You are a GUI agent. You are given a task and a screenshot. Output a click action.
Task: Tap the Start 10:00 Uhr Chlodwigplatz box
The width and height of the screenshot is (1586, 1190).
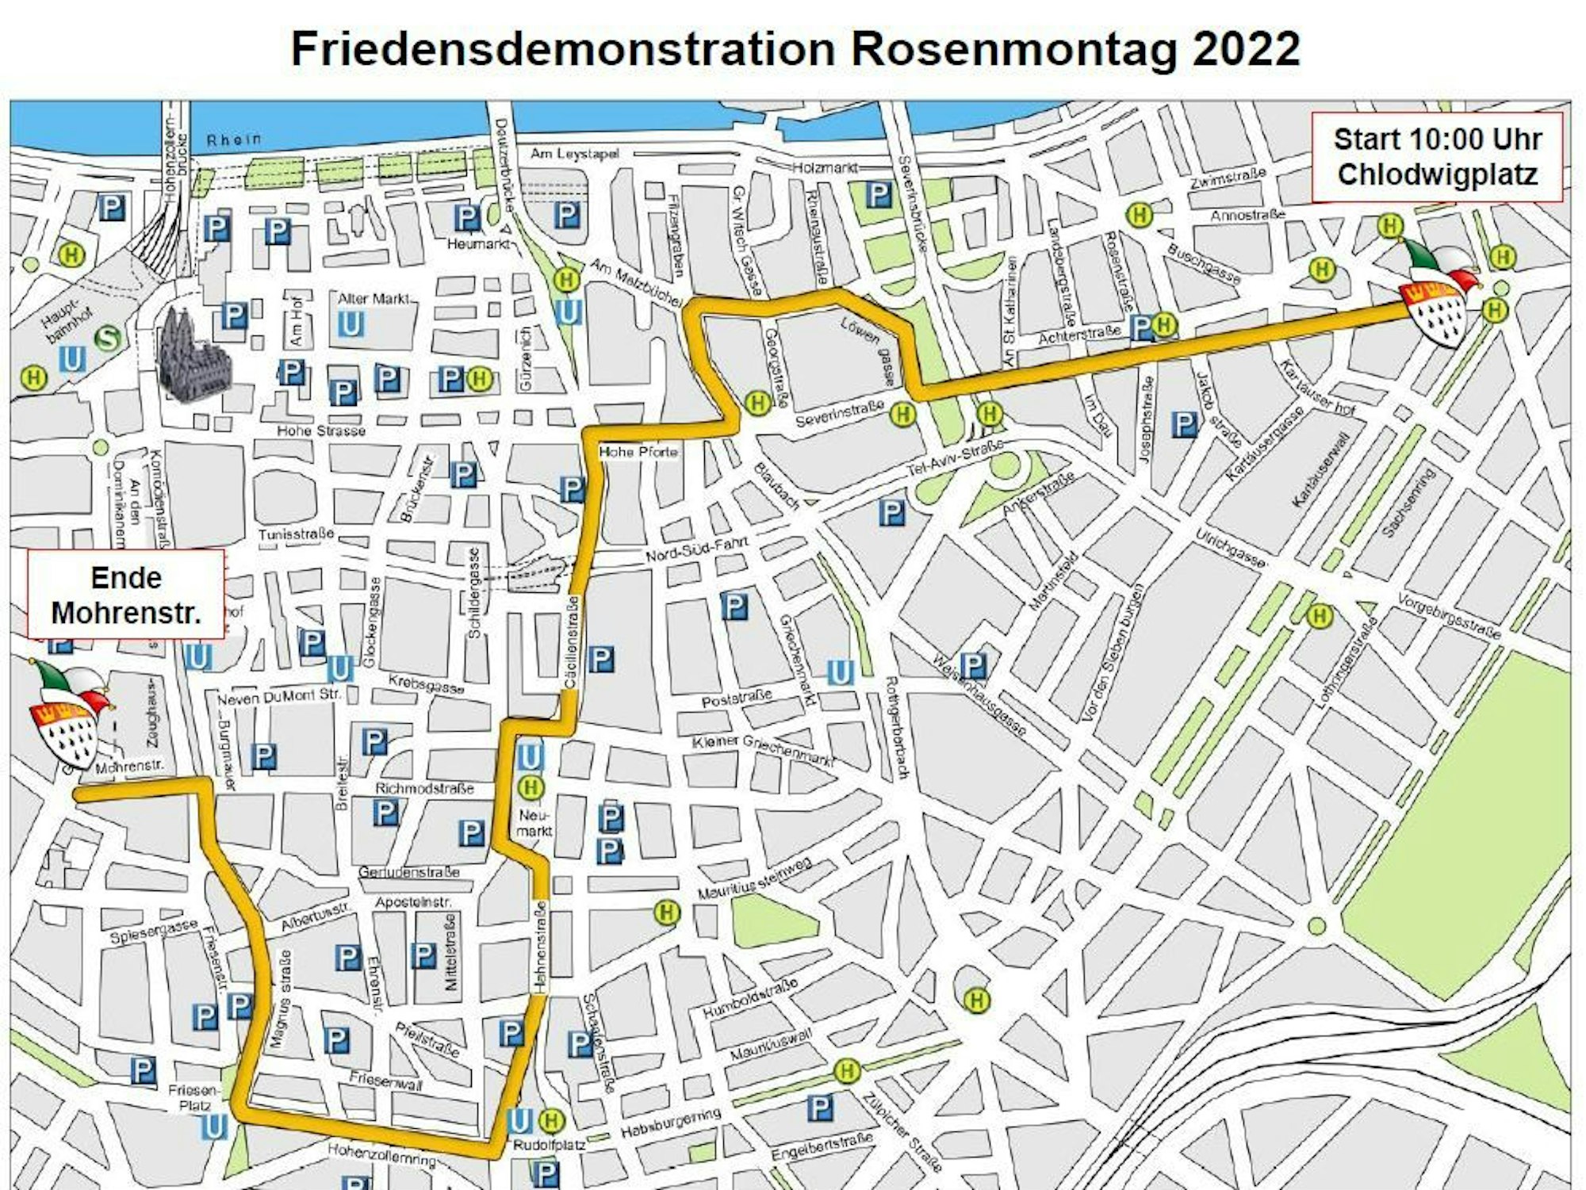[1437, 157]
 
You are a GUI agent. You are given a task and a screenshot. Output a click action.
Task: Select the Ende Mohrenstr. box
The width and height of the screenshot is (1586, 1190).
[126, 595]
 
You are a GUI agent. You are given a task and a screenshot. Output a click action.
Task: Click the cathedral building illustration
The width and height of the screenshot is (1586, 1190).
[193, 357]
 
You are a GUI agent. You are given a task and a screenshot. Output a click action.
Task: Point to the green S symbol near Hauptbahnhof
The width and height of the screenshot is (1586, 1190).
[108, 339]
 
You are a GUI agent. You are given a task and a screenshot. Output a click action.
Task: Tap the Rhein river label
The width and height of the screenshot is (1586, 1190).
[233, 140]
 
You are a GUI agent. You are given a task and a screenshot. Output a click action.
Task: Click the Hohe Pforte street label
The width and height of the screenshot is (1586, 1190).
[638, 452]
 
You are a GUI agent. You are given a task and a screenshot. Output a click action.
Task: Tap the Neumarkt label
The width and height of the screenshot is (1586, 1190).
[534, 823]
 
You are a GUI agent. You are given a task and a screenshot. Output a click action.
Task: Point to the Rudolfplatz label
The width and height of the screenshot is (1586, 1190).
[549, 1146]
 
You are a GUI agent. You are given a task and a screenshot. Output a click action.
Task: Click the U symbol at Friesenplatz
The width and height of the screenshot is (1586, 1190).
[213, 1127]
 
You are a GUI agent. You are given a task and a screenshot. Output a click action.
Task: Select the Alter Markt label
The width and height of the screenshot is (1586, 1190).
[374, 299]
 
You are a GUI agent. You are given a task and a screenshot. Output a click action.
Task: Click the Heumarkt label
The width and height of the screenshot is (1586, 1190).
[477, 244]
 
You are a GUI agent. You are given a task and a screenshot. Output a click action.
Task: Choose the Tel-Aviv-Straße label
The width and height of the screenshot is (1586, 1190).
[955, 460]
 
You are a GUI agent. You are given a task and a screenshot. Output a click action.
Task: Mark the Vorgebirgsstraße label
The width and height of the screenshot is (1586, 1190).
[1449, 616]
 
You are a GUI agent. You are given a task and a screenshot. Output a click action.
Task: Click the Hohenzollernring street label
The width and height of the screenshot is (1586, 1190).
[381, 1154]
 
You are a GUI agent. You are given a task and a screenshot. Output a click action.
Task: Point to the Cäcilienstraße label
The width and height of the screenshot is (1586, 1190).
[571, 641]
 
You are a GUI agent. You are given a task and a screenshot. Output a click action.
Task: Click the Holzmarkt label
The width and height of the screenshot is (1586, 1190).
[825, 168]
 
